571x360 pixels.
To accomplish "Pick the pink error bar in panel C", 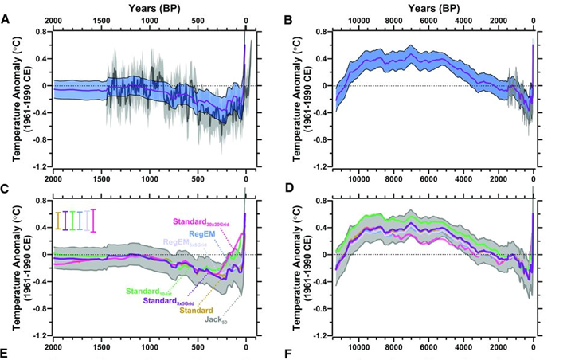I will tap(94, 221).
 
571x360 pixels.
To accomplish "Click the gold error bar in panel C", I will tap(58, 221).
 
